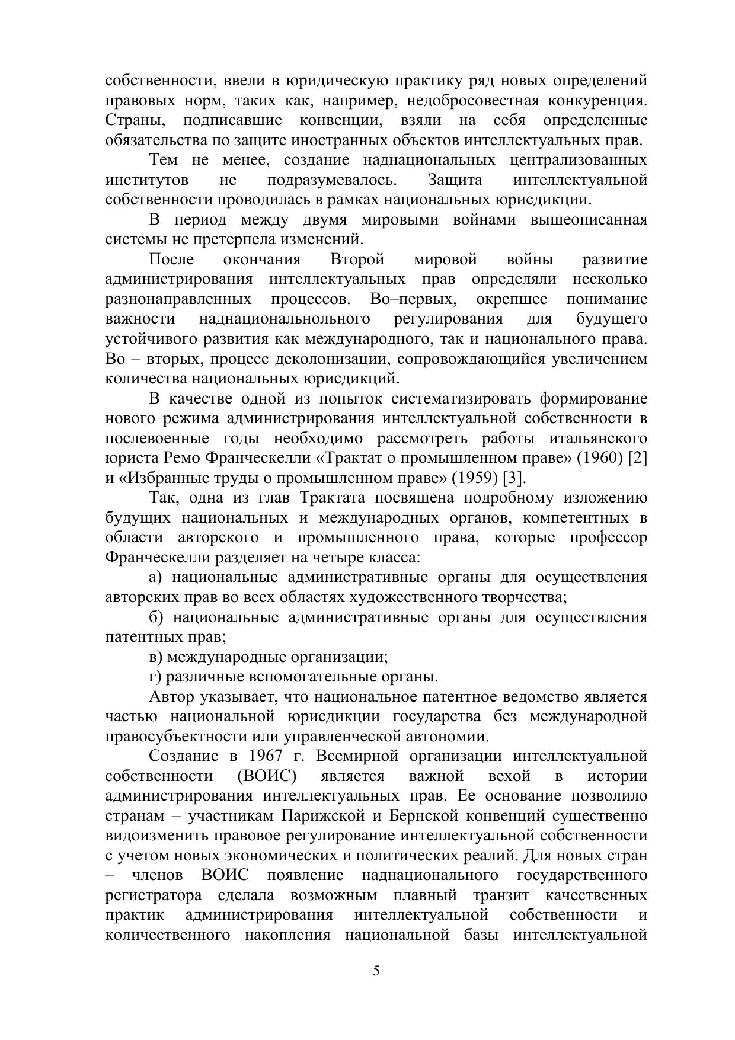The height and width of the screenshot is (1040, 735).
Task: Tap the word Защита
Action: click(x=455, y=180)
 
